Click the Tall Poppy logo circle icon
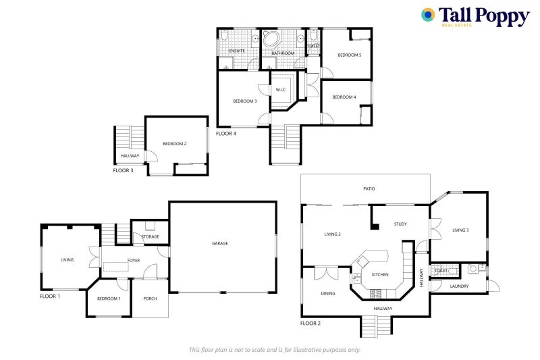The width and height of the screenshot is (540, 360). (428, 15)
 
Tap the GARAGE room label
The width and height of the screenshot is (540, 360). (219, 243)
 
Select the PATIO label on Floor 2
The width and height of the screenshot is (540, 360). (369, 188)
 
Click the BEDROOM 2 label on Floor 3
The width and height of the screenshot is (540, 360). (174, 143)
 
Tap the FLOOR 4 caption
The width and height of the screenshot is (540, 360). (225, 134)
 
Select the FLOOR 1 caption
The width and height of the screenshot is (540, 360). (50, 297)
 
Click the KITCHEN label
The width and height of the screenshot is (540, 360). (379, 275)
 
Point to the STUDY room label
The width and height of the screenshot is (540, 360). (400, 224)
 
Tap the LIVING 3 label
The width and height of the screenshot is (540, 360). (460, 230)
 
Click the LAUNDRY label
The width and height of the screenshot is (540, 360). (459, 286)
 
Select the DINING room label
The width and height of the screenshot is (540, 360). (328, 294)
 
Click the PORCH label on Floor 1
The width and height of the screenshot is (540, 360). (150, 298)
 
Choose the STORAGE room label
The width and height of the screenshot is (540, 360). (150, 236)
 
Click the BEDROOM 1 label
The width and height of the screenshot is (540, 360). (109, 298)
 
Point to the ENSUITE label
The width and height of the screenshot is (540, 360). (237, 51)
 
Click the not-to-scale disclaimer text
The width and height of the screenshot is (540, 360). (275, 349)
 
